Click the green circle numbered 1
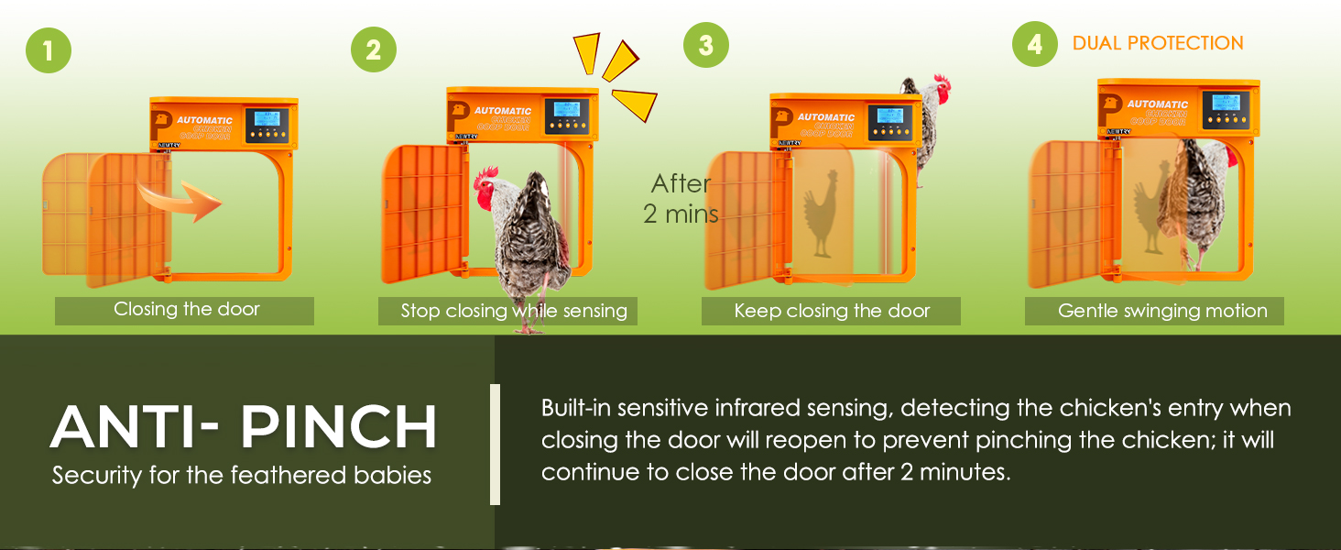(x=49, y=50)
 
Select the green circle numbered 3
(x=705, y=46)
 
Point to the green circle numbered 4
(x=1035, y=45)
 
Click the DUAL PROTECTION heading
(x=1158, y=43)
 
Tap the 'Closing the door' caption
(x=186, y=310)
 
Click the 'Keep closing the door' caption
(x=832, y=311)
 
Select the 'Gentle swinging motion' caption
(x=1162, y=311)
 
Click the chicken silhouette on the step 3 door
(x=822, y=212)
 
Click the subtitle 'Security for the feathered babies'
(x=242, y=476)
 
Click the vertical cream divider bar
(x=496, y=445)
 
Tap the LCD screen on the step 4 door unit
(x=1226, y=102)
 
